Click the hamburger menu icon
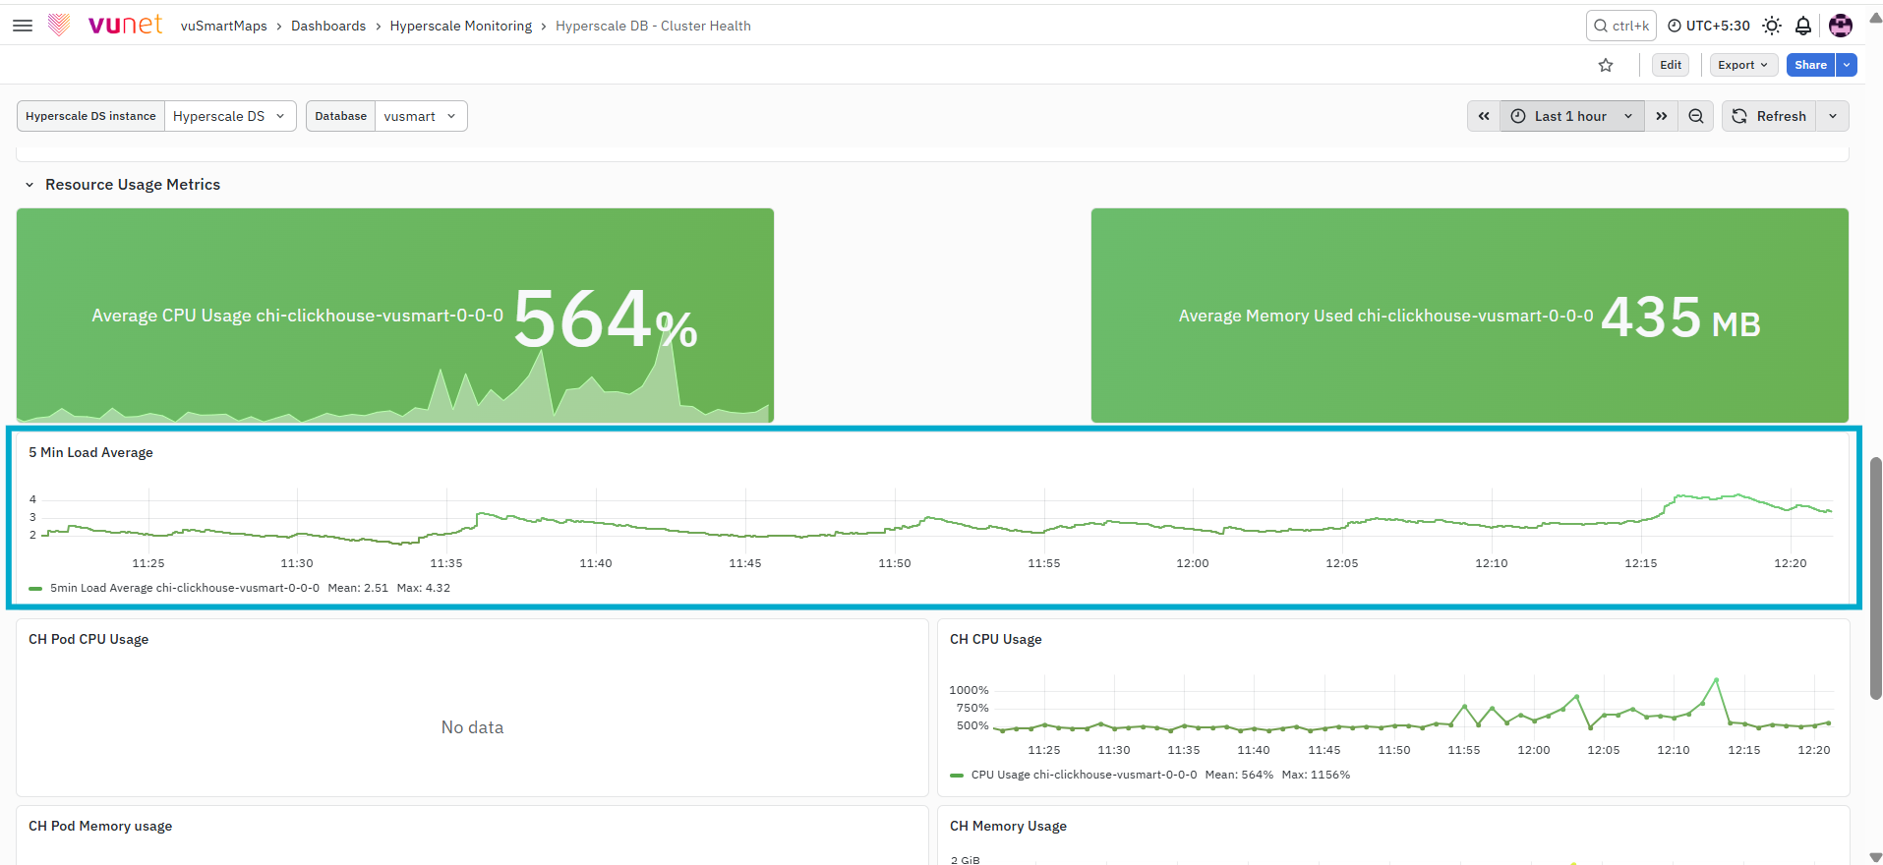[x=23, y=26]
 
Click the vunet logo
[x=106, y=25]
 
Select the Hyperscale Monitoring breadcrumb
[x=460, y=26]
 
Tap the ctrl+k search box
[x=1620, y=26]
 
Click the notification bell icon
[x=1803, y=26]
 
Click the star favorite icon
[x=1606, y=65]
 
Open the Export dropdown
[x=1743, y=65]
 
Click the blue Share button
[x=1810, y=65]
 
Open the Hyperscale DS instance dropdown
[x=229, y=116]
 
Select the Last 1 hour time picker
[x=1571, y=116]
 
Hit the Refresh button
[x=1769, y=116]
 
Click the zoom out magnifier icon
[x=1696, y=116]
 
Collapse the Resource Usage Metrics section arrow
[x=29, y=185]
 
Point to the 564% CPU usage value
[x=605, y=318]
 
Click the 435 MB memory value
[x=1680, y=317]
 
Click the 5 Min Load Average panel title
[x=90, y=452]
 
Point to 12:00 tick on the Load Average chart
[x=1193, y=563]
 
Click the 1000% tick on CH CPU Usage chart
[x=969, y=690]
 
